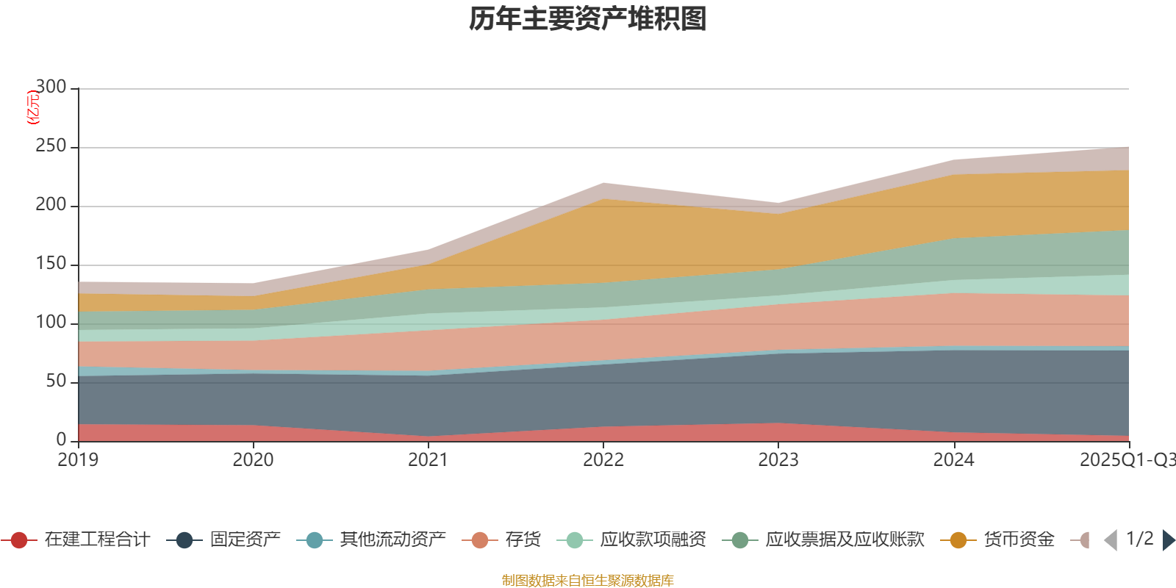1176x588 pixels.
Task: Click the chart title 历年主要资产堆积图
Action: pyautogui.click(x=588, y=19)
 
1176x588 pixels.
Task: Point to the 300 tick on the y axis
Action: pyautogui.click(x=51, y=87)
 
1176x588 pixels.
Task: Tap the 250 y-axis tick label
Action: pyautogui.click(x=51, y=146)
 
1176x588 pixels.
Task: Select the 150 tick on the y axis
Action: pyautogui.click(x=51, y=264)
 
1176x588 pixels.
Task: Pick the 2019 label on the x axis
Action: pyautogui.click(x=78, y=460)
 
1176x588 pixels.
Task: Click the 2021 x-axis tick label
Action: pyautogui.click(x=428, y=460)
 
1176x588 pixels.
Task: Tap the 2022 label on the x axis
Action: pyautogui.click(x=603, y=460)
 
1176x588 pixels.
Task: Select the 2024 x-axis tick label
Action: pyautogui.click(x=953, y=460)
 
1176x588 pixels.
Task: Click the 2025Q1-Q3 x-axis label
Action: pyautogui.click(x=1126, y=460)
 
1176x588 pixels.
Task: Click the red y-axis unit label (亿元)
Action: pyautogui.click(x=33, y=108)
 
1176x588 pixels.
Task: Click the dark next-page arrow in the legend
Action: pyautogui.click(x=1169, y=540)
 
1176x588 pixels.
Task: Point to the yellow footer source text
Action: pyautogui.click(x=588, y=581)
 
